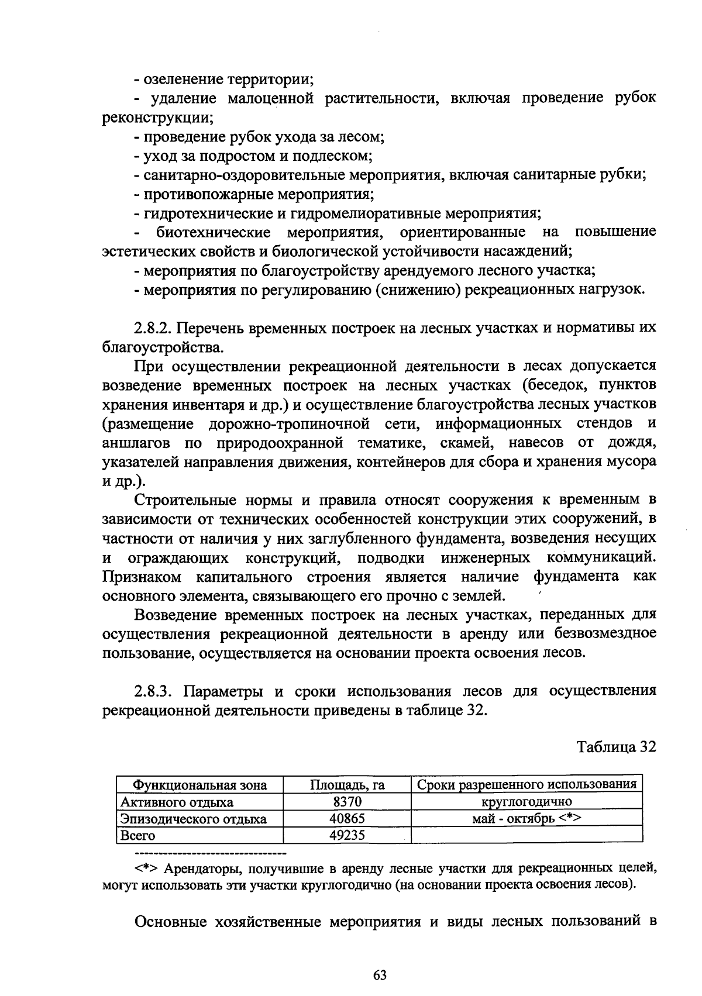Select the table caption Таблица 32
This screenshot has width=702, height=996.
616,747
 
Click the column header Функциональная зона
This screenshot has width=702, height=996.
200,785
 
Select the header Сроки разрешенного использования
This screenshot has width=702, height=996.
526,784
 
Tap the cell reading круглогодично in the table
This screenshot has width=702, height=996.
526,801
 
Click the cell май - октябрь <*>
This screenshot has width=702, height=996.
526,818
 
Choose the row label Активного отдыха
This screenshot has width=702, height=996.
177,802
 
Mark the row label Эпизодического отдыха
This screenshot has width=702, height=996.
193,819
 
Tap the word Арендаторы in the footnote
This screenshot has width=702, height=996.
197,868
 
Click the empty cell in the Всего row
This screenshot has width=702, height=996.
526,835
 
